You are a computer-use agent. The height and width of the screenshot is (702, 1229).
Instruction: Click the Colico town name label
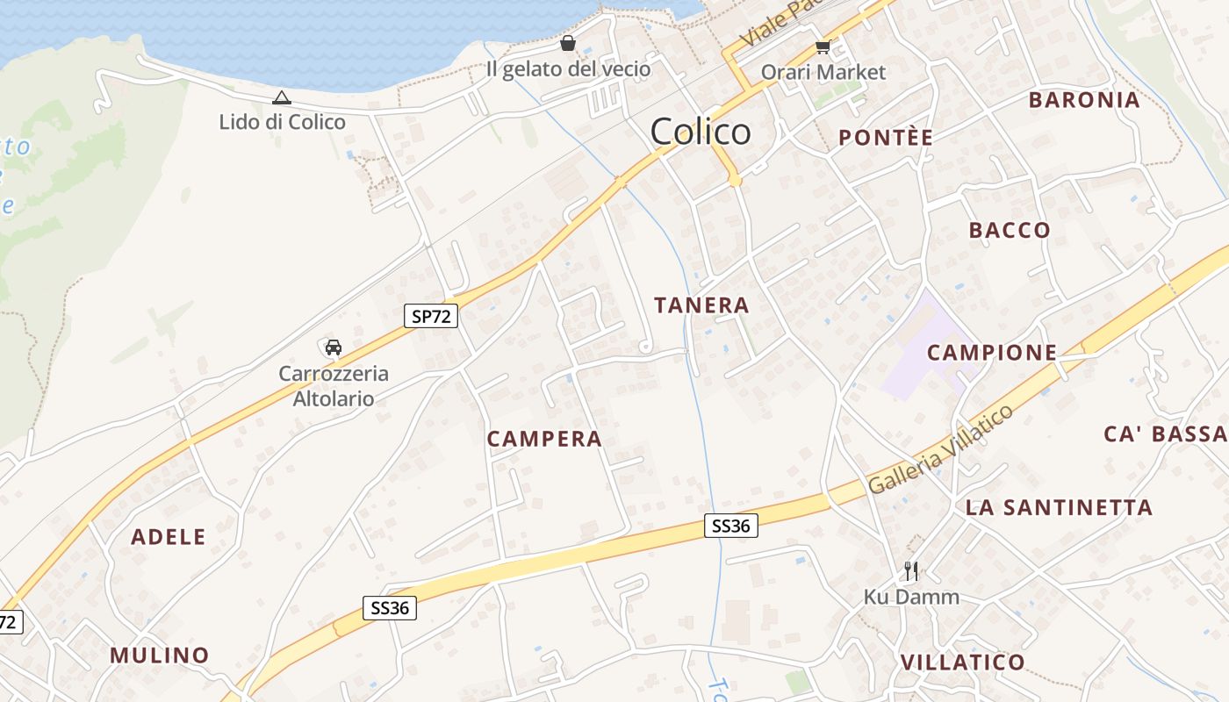(701, 132)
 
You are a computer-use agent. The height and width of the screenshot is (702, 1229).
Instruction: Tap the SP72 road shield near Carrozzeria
(431, 316)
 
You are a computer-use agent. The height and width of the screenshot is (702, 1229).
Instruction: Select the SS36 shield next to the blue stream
(730, 526)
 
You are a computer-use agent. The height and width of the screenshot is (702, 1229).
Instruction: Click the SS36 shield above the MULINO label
(390, 608)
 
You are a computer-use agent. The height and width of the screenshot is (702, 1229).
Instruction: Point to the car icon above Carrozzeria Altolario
(333, 347)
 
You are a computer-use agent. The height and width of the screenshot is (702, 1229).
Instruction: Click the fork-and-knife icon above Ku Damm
(911, 571)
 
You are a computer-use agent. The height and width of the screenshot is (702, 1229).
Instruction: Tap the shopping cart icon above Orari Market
(823, 47)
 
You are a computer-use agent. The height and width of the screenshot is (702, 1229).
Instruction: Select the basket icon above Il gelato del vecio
(568, 43)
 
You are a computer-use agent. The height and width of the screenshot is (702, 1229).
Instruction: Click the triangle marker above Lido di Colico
(281, 98)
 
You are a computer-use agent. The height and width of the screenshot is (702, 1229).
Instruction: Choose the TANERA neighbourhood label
(701, 305)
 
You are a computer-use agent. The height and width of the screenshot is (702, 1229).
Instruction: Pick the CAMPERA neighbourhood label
(544, 439)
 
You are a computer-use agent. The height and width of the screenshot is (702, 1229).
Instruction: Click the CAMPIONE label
(992, 353)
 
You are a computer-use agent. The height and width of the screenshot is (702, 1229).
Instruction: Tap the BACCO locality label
(1010, 231)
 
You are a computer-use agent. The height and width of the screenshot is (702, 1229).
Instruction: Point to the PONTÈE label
(885, 138)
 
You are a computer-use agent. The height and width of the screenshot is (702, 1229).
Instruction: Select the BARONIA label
(1084, 100)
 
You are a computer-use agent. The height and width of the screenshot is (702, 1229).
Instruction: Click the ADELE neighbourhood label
(169, 537)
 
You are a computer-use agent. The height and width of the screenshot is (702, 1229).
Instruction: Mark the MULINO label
(160, 655)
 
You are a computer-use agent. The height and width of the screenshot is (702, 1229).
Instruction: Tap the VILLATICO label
(963, 662)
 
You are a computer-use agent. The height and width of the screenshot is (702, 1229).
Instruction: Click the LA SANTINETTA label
(1059, 508)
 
